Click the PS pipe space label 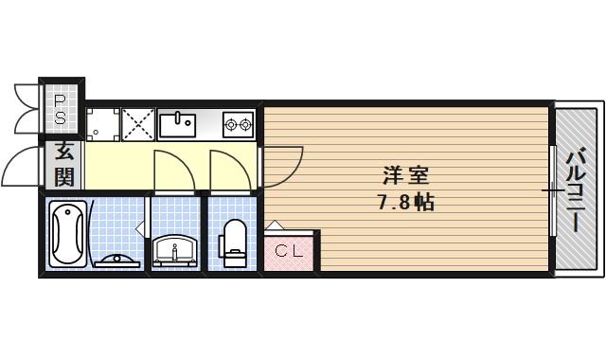click(x=60, y=109)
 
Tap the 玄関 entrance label click(x=63, y=163)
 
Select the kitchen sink click(x=176, y=123)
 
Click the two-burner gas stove click(x=236, y=123)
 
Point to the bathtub click(x=66, y=235)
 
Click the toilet click(x=233, y=241)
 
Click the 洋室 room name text click(x=406, y=176)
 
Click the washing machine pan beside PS click(x=102, y=123)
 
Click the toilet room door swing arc click(x=227, y=169)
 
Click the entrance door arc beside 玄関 click(x=21, y=169)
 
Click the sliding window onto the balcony click(x=551, y=190)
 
